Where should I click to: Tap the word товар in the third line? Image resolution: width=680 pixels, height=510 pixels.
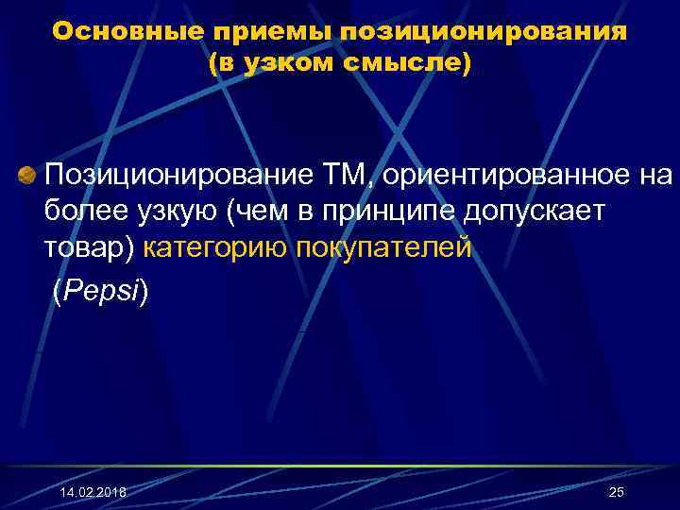[x=83, y=249]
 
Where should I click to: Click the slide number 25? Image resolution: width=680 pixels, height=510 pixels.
[x=617, y=492]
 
